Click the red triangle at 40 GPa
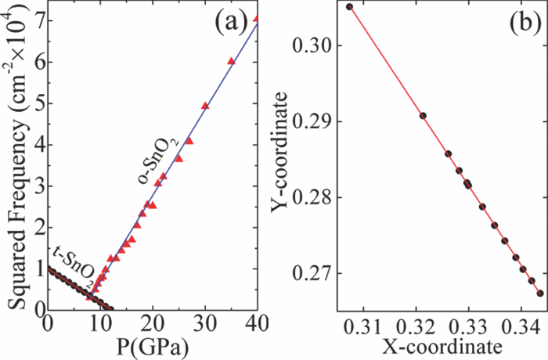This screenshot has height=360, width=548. pyautogui.click(x=257, y=18)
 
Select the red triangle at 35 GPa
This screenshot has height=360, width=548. pyautogui.click(x=231, y=60)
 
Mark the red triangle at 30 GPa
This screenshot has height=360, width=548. pyautogui.click(x=205, y=105)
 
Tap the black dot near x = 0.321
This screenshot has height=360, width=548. pyautogui.click(x=423, y=115)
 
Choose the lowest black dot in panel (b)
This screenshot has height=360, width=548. pyautogui.click(x=540, y=293)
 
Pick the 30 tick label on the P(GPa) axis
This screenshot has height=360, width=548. pyautogui.click(x=205, y=322)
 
